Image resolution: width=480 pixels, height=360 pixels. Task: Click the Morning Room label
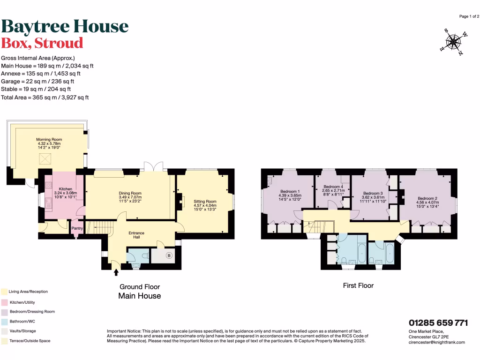49,139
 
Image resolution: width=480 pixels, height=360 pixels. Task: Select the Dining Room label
129,193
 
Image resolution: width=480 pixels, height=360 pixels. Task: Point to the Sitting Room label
205,201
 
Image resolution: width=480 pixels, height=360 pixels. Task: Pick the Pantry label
76,229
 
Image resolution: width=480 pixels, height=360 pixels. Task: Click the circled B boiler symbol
169,255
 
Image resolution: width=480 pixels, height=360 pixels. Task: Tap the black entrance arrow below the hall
116,272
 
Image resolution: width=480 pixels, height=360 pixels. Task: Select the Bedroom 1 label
290,192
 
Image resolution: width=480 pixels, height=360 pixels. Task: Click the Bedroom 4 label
333,187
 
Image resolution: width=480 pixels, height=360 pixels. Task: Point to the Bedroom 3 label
373,193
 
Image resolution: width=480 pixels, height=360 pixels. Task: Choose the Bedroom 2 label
427,198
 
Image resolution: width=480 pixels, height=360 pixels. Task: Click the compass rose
453,43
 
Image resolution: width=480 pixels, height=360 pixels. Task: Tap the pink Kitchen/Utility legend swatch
4,302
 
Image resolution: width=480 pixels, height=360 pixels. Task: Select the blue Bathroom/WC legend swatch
4,322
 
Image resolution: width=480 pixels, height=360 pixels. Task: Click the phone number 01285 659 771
438,323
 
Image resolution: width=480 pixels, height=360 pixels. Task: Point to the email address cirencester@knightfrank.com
437,342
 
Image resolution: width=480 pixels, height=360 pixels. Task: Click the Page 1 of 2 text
469,16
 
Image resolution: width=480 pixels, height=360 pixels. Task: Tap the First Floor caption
358,285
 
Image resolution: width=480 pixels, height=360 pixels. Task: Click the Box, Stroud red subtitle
42,43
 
